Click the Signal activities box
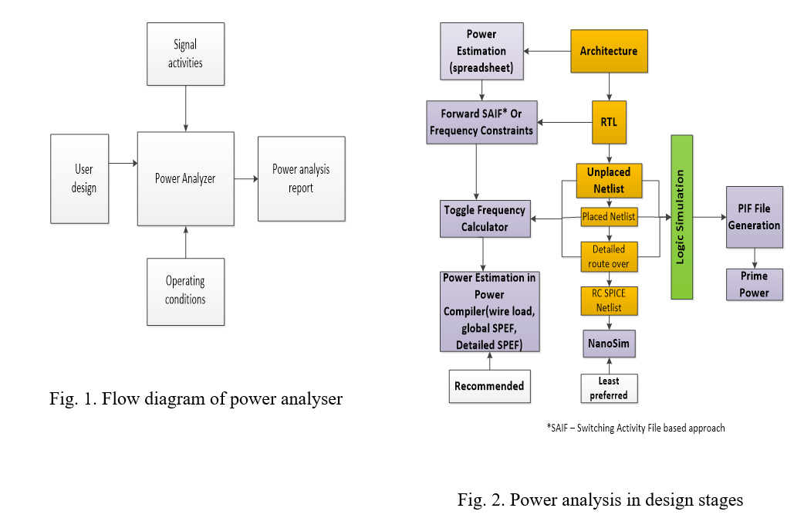pyautogui.click(x=185, y=54)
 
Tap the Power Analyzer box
pyautogui.click(x=185, y=178)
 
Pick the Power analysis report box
pyautogui.click(x=301, y=178)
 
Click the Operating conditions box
pyautogui.click(x=185, y=290)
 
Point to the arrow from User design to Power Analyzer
pyautogui.click(x=123, y=163)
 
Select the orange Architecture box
pyautogui.click(x=609, y=52)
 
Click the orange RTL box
pyautogui.click(x=609, y=122)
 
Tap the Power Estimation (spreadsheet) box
pyautogui.click(x=481, y=51)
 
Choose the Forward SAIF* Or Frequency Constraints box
pyautogui.click(x=481, y=122)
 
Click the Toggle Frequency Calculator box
pyautogui.click(x=485, y=218)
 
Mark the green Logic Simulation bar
pyautogui.click(x=681, y=217)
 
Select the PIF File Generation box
pyautogui.click(x=754, y=217)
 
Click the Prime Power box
pyautogui.click(x=754, y=285)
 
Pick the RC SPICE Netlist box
pyautogui.click(x=609, y=301)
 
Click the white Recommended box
pyautogui.click(x=489, y=386)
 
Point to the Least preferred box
pyautogui.click(x=609, y=388)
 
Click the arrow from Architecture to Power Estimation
pyautogui.click(x=547, y=52)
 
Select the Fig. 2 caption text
pyautogui.click(x=600, y=500)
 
